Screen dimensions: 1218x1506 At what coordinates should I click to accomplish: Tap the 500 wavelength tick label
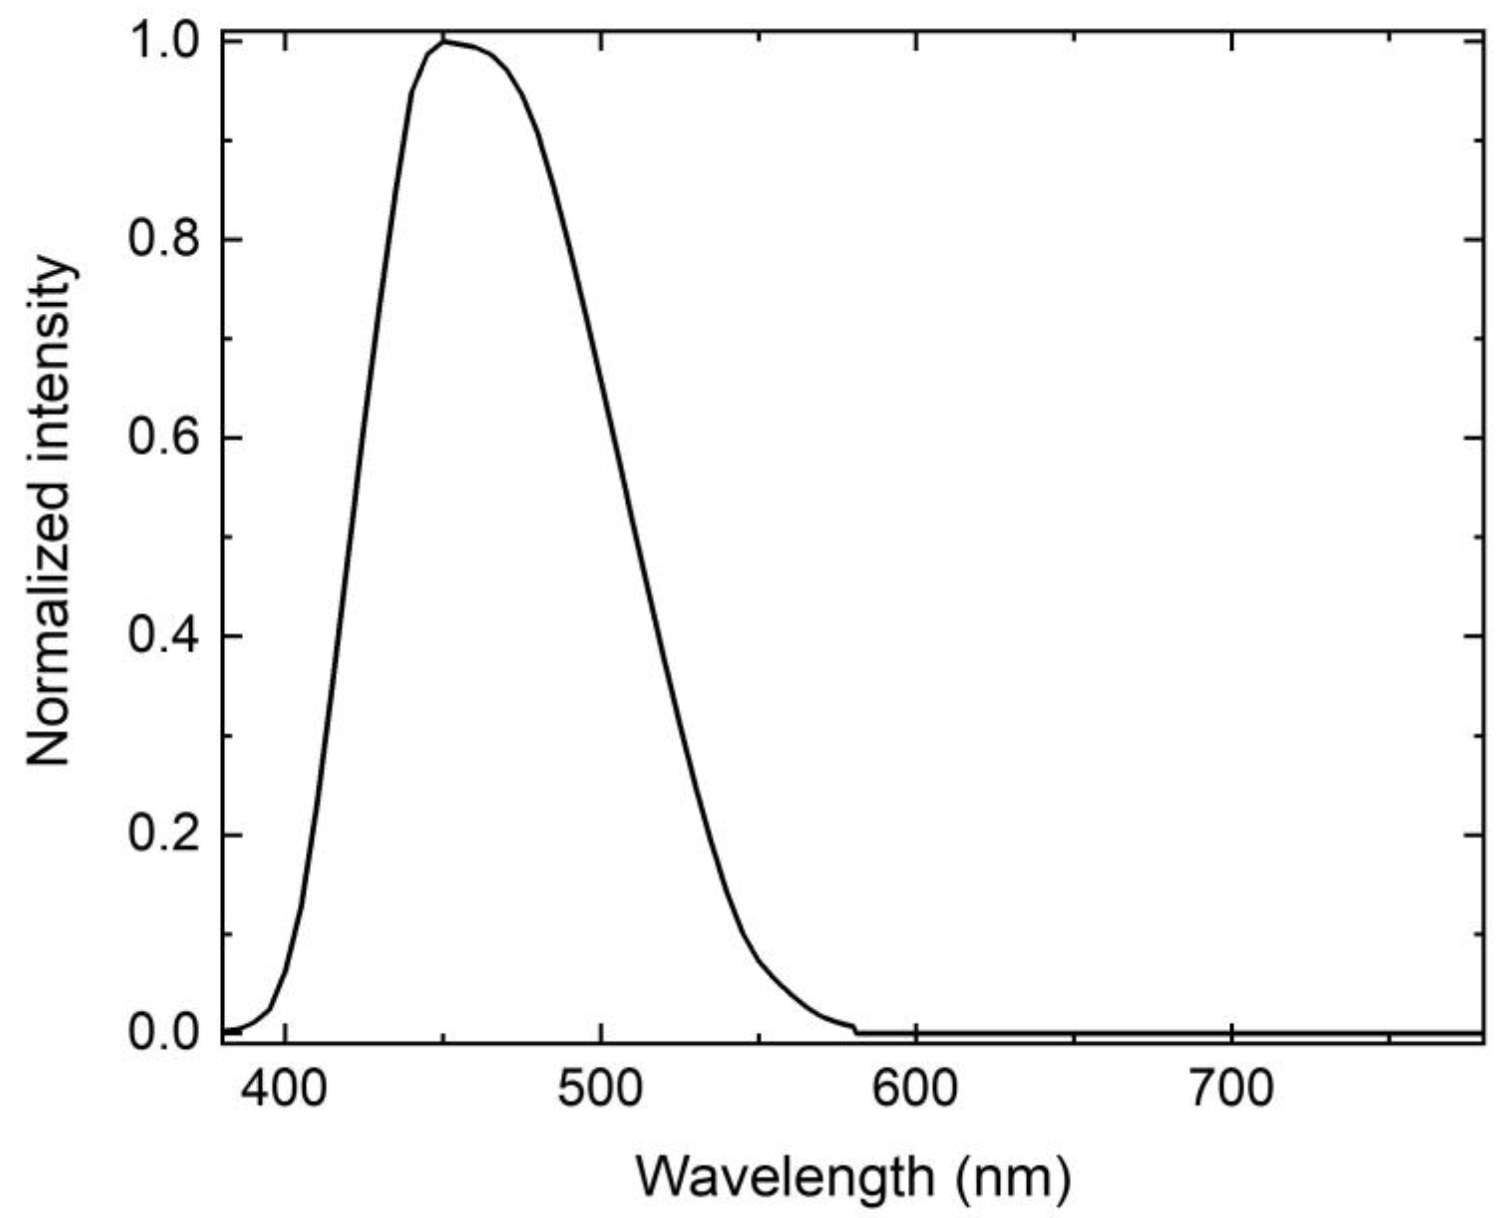click(x=600, y=1090)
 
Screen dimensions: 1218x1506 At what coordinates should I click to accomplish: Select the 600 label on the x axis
click(x=915, y=1090)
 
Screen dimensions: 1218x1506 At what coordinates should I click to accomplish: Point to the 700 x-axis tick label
click(x=1231, y=1090)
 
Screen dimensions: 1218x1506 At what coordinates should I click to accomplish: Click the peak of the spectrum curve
click(x=443, y=41)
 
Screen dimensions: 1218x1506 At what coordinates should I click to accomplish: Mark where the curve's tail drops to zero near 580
click(x=856, y=1031)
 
